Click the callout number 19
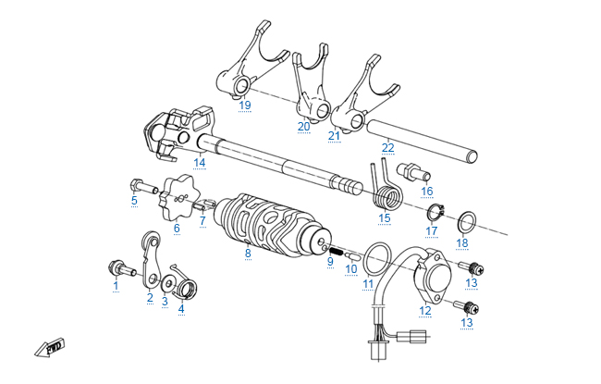coord(244,105)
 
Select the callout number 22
coord(388,147)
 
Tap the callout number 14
coord(199,163)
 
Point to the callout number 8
coord(248,252)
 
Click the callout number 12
coord(426,311)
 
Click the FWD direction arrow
coord(49,349)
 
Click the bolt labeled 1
coord(120,268)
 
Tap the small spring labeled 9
coord(337,250)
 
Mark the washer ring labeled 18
coord(469,221)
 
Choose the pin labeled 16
coord(411,172)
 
